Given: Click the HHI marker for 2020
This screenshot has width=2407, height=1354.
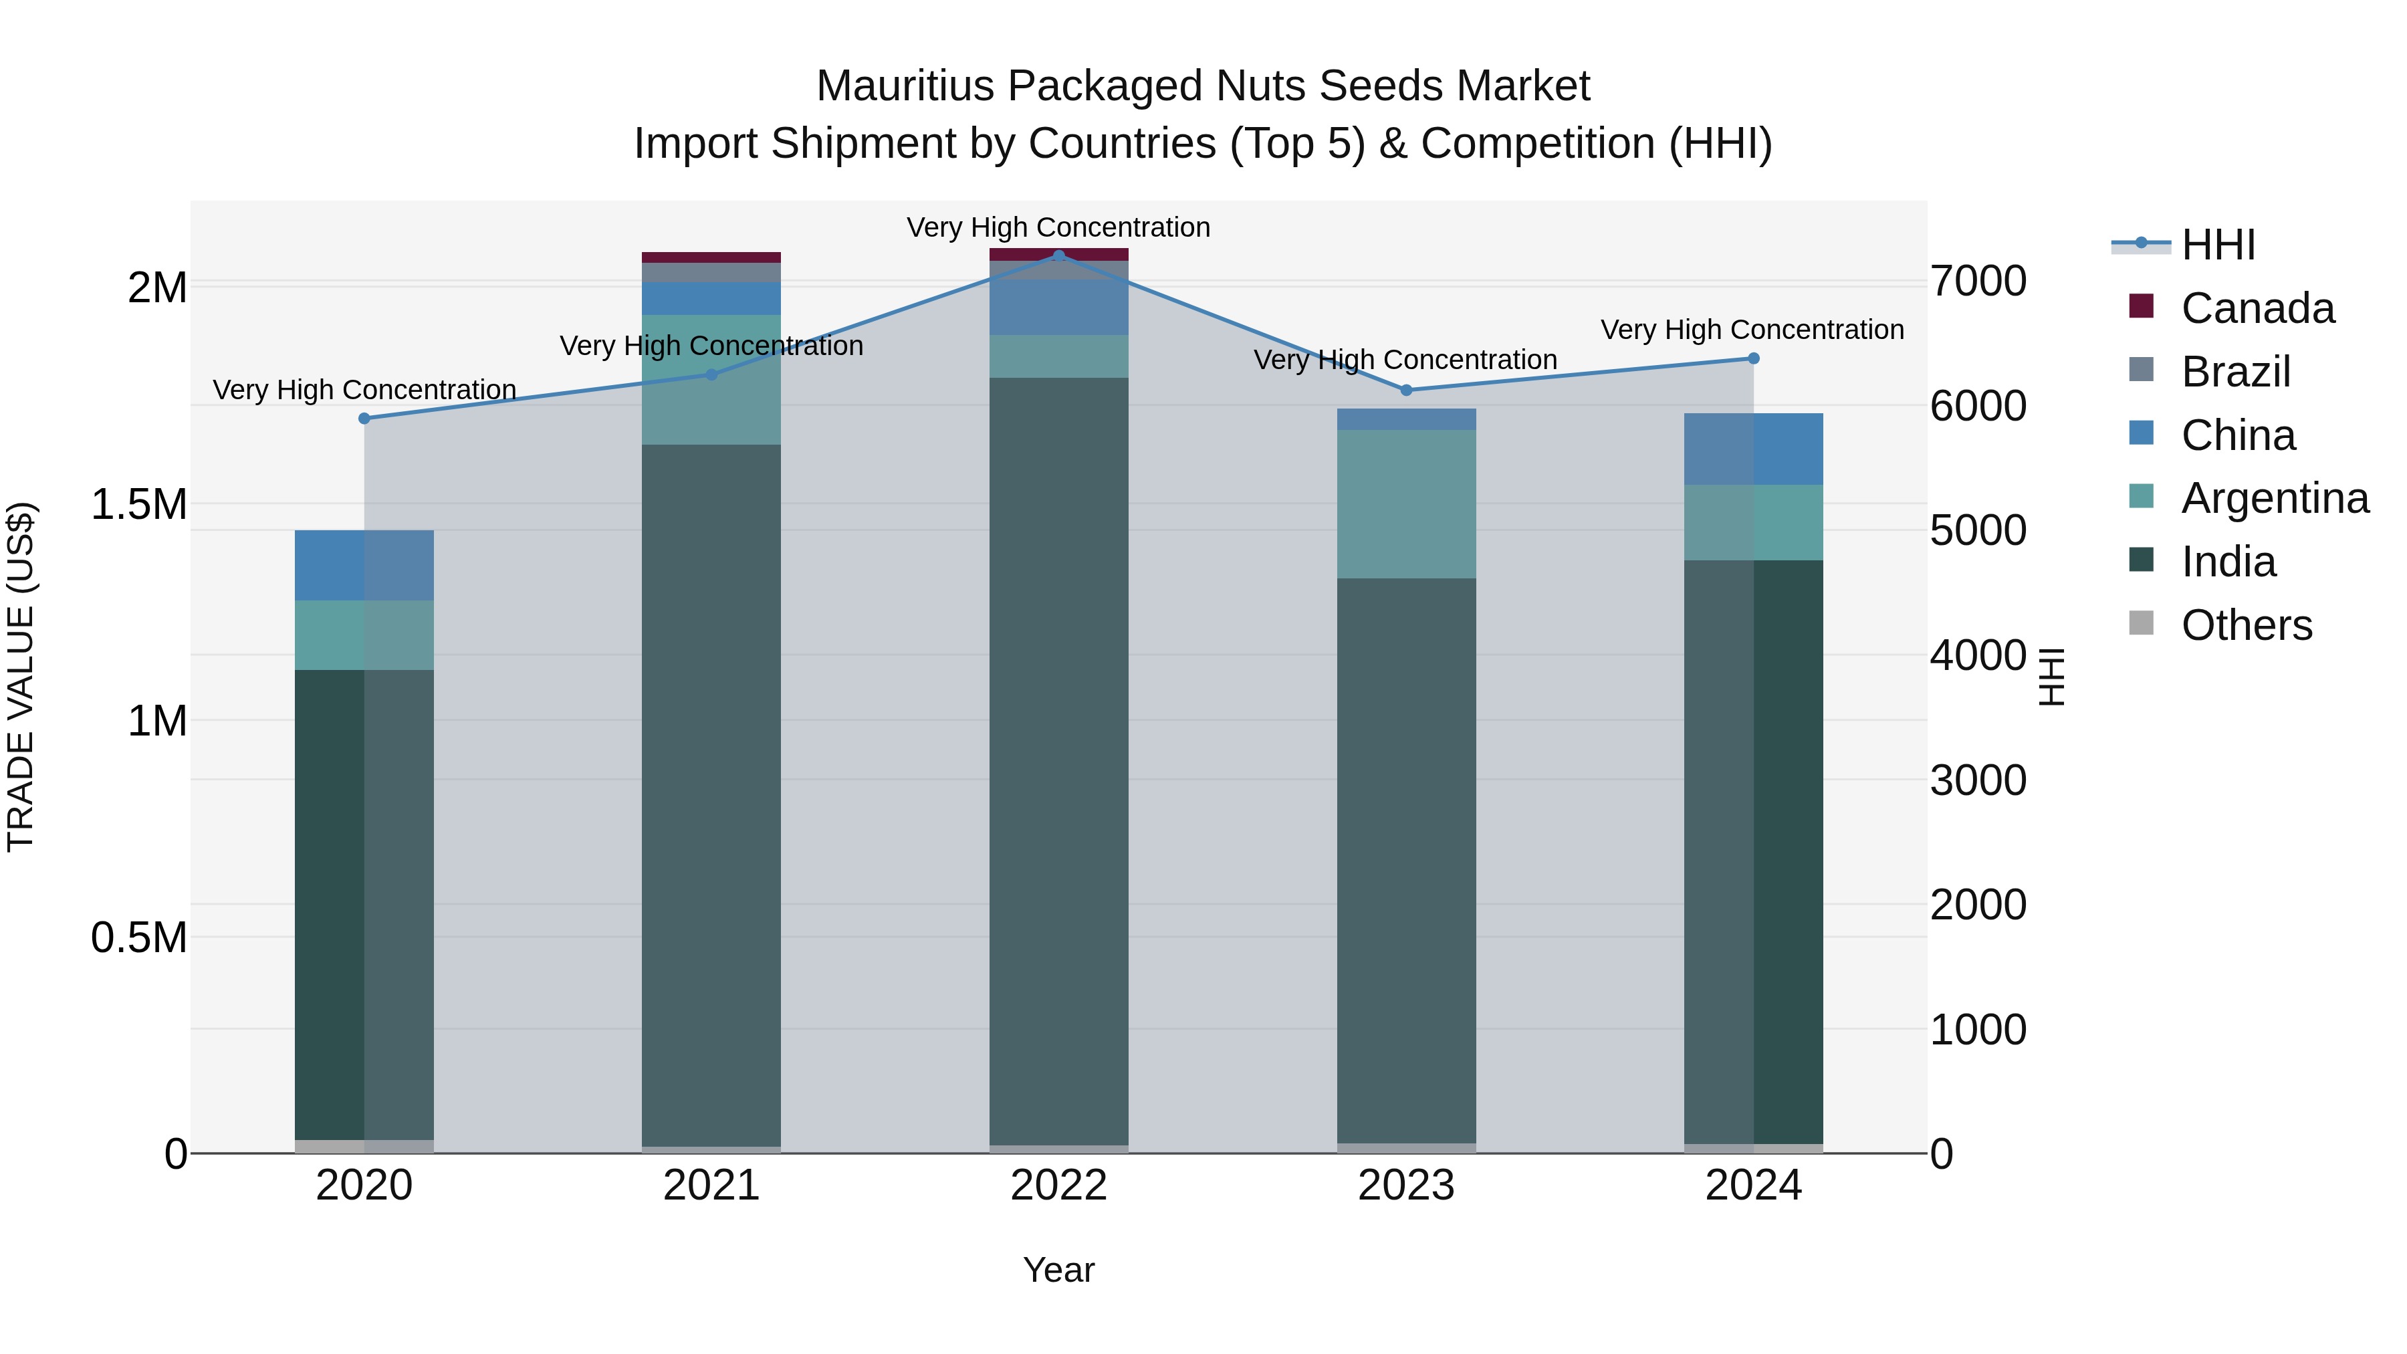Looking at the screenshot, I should (364, 419).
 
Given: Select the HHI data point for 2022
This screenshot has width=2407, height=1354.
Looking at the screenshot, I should (1058, 255).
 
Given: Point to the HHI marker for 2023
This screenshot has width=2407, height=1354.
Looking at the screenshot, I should (1406, 390).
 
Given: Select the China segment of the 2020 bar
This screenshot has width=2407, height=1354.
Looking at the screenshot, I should (364, 565).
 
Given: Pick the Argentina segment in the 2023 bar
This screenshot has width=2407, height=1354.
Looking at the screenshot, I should (1406, 505).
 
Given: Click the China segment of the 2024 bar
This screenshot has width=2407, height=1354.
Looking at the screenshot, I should (1753, 449).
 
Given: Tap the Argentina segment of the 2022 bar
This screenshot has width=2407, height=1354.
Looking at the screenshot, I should (1058, 356).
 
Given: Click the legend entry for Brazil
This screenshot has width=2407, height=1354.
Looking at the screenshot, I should (2235, 372).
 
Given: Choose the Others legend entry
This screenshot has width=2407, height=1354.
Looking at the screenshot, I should (2247, 625).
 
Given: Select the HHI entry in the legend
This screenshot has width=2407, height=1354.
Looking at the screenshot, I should (2218, 245).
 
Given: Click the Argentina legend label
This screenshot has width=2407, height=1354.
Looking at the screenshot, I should (2275, 498).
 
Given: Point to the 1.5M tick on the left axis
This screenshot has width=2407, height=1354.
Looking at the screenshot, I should (139, 505).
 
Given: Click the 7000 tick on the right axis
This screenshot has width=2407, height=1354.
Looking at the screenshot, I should (1978, 281).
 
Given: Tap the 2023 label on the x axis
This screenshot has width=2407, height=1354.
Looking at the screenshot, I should (1406, 1186).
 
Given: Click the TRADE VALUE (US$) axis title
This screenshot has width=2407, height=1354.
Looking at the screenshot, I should (21, 677).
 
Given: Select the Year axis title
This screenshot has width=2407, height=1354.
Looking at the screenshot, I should (1058, 1270).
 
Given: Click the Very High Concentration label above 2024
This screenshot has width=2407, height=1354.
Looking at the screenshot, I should (1752, 330).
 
